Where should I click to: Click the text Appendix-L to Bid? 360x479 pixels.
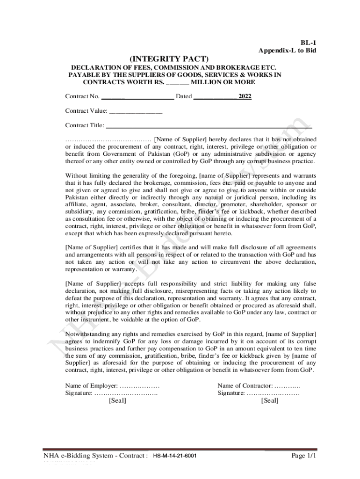[287, 50]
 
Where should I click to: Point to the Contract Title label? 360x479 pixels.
[85, 125]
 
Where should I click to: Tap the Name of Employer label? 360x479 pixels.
[92, 385]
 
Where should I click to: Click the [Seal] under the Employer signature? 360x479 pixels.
[117, 401]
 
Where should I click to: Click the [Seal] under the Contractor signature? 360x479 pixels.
[270, 401]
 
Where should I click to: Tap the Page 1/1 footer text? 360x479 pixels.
[304, 455]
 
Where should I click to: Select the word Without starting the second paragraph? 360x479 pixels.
[76, 176]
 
